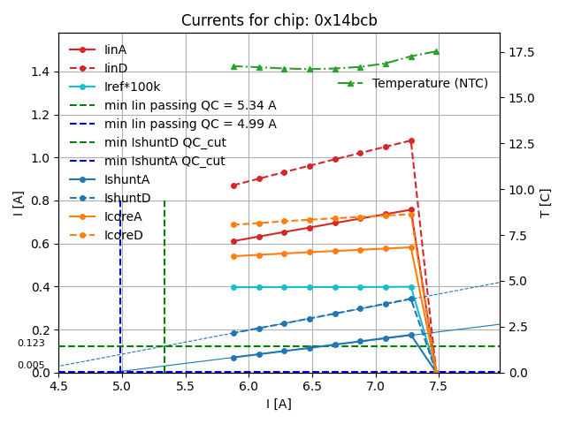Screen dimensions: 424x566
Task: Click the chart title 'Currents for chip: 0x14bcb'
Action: [279, 20]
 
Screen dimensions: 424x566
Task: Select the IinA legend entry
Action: [116, 49]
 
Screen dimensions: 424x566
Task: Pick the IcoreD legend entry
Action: [123, 235]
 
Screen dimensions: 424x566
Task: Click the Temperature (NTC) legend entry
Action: [430, 83]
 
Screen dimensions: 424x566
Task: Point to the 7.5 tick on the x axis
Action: [439, 386]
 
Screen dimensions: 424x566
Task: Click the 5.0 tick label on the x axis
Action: [121, 386]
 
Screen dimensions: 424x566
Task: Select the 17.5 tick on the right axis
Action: [521, 52]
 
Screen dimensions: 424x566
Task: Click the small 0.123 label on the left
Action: [31, 343]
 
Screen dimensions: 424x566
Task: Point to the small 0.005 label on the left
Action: [31, 365]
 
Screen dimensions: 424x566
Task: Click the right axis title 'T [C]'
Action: [546, 203]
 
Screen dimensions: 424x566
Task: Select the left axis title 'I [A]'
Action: [18, 203]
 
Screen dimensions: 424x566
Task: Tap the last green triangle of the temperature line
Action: [436, 51]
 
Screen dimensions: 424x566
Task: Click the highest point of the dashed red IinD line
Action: [411, 140]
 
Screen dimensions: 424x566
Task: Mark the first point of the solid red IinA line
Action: [233, 241]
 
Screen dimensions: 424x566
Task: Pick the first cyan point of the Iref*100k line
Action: [233, 287]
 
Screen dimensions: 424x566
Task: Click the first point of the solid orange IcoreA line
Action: [233, 256]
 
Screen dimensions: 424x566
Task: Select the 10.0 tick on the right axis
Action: [521, 189]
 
